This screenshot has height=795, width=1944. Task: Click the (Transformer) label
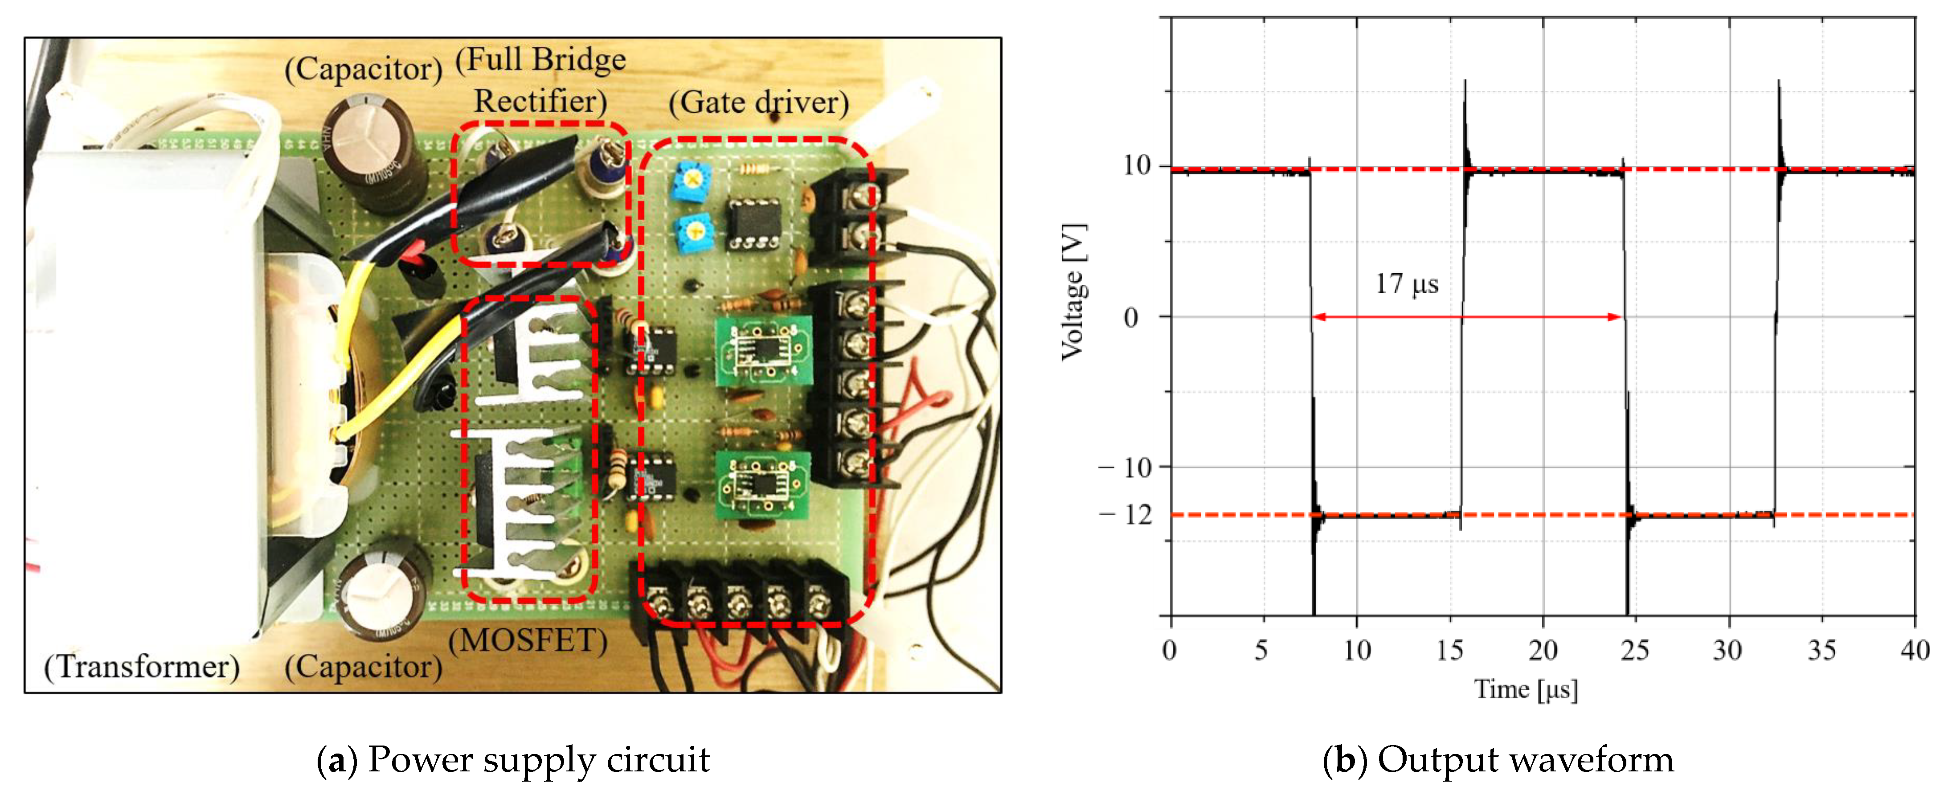pyautogui.click(x=142, y=667)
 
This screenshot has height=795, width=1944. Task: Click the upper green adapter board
pyautogui.click(x=763, y=349)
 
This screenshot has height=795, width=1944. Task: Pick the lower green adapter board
pyautogui.click(x=762, y=484)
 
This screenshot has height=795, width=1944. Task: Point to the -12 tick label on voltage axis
pyautogui.click(x=1127, y=515)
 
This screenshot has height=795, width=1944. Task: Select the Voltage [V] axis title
pyautogui.click(x=1073, y=292)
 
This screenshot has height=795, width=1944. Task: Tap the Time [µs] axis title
pyautogui.click(x=1526, y=689)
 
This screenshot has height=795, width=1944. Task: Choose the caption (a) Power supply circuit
pyautogui.click(x=513, y=759)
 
